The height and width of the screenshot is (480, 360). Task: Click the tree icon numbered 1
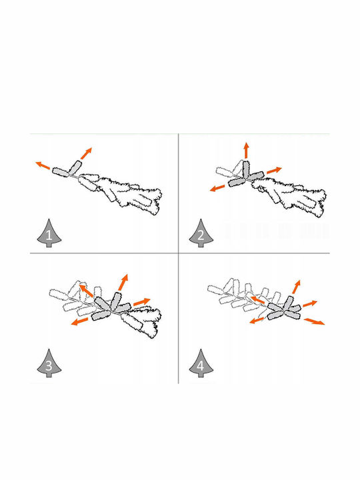(x=49, y=233)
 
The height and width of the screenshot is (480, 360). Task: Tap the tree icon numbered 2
(x=201, y=233)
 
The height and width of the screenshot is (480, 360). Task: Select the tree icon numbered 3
(x=49, y=363)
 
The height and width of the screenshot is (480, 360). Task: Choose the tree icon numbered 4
(x=201, y=363)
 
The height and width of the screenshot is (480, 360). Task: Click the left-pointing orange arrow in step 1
(x=43, y=165)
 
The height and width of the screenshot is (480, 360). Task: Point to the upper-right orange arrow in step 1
(x=86, y=153)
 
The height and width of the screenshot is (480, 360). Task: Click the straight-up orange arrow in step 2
(x=246, y=150)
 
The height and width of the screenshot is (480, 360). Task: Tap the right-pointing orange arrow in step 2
(x=274, y=170)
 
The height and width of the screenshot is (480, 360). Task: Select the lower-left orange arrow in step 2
(x=217, y=187)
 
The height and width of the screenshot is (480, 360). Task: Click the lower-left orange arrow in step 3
(x=79, y=321)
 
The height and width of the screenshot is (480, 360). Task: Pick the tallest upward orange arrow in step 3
(x=123, y=282)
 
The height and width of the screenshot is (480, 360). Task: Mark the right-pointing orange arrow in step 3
(x=142, y=301)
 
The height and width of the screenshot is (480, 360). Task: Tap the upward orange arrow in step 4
(x=296, y=287)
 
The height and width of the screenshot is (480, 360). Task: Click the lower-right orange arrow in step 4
(x=314, y=321)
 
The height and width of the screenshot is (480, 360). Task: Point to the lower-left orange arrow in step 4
(x=257, y=320)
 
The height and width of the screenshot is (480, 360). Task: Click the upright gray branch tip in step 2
(x=246, y=169)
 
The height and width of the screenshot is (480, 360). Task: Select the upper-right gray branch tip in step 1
(x=75, y=167)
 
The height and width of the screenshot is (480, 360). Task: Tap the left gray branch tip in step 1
(x=60, y=172)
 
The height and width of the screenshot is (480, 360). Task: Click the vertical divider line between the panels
(x=179, y=259)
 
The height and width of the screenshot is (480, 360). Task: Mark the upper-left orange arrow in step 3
(x=86, y=290)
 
